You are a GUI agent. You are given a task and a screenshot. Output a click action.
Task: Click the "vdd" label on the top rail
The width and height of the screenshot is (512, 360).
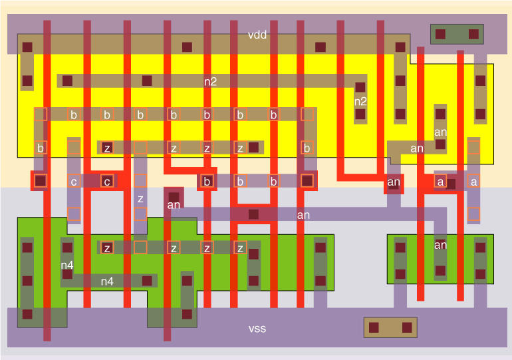coord(257,35)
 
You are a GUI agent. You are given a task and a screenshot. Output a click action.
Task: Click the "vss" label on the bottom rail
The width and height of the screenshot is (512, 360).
coord(257,329)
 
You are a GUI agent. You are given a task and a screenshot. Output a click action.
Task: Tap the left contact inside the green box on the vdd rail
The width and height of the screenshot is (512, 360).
coord(440,33)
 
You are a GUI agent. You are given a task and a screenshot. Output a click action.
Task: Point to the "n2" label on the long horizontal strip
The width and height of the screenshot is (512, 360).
coord(210,81)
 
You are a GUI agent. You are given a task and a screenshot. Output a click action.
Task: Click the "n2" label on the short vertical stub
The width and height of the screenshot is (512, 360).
coord(360,102)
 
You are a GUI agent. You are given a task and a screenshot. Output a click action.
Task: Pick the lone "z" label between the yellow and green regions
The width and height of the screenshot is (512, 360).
coord(140,198)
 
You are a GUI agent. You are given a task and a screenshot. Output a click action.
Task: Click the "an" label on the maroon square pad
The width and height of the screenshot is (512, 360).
coord(174,205)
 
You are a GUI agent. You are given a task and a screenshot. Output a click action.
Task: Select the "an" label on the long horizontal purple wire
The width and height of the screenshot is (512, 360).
coord(303,215)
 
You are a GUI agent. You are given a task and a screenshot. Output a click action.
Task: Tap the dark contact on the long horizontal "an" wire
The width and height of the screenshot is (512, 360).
coord(253,214)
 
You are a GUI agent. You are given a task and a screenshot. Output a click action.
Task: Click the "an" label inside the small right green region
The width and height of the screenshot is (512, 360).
coord(440,245)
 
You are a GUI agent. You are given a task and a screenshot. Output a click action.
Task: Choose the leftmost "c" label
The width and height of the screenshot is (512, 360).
coord(74,181)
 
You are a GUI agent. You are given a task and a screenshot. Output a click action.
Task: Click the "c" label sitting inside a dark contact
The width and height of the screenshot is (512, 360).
coord(107,181)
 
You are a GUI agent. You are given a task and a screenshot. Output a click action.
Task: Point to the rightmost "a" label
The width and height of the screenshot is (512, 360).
coord(473,181)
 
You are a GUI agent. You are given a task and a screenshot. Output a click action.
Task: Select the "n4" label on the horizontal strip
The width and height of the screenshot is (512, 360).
coord(107,281)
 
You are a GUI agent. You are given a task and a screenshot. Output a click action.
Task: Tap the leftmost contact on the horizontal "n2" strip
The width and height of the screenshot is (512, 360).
coord(67,81)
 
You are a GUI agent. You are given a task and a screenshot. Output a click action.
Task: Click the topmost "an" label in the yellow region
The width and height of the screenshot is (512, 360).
coord(440,132)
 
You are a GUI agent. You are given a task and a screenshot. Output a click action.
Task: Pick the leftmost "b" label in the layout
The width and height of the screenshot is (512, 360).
coord(41,148)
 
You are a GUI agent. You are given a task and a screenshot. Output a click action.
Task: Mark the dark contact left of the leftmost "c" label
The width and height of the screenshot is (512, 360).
coord(41,180)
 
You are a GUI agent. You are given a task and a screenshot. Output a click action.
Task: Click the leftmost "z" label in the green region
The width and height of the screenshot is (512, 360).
coord(107,248)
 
